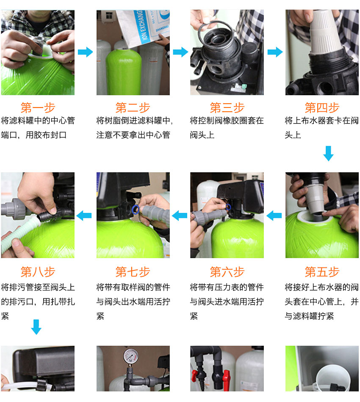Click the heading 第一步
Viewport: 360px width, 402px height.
(38, 107)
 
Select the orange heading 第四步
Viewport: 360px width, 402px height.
(322, 107)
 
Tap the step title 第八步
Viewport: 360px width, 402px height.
(38, 272)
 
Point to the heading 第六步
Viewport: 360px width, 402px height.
(227, 272)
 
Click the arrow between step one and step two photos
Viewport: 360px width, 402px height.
(85, 52)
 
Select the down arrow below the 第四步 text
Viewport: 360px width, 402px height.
(328, 153)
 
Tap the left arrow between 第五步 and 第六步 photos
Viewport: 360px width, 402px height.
(274, 215)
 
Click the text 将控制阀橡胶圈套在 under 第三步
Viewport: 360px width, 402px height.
(227, 121)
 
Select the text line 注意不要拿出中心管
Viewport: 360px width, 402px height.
(133, 135)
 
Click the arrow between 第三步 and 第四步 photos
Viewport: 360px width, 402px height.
(275, 52)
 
